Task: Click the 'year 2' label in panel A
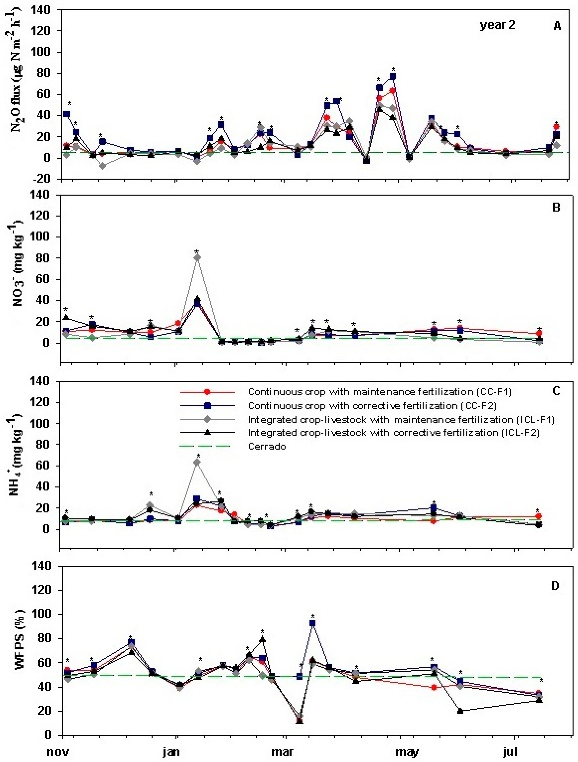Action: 497,26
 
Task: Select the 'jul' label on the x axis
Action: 510,751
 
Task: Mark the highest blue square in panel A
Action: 393,76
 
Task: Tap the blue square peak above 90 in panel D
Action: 312,623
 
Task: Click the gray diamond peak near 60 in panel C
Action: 197,462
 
